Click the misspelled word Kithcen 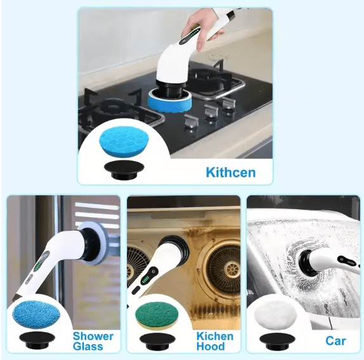click(231, 172)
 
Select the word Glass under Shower click(88, 347)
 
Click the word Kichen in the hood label click(214, 336)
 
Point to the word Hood click(211, 347)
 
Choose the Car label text click(335, 341)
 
